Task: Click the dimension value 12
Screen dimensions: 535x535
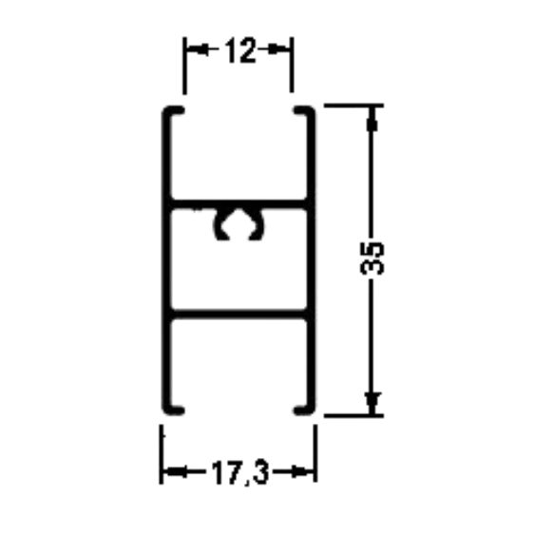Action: pyautogui.click(x=240, y=50)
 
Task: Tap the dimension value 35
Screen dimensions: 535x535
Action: pyautogui.click(x=372, y=258)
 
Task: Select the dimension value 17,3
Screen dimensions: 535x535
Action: pyautogui.click(x=240, y=472)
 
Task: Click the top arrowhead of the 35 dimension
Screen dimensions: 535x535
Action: pyautogui.click(x=372, y=119)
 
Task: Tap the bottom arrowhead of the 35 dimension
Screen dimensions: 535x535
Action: pyautogui.click(x=372, y=403)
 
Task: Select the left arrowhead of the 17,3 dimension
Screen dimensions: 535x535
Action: pyautogui.click(x=176, y=472)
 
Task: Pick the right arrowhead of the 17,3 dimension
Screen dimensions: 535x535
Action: pyautogui.click(x=302, y=472)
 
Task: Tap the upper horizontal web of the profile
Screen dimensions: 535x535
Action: pyautogui.click(x=239, y=204)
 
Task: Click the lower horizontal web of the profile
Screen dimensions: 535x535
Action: pyautogui.click(x=239, y=315)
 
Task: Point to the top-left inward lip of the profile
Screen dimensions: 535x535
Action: pyautogui.click(x=177, y=110)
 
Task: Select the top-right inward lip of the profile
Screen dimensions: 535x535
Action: pyautogui.click(x=301, y=110)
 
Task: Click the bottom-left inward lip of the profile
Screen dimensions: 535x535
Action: pyautogui.click(x=177, y=411)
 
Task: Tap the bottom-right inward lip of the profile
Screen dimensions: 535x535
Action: pyautogui.click(x=301, y=411)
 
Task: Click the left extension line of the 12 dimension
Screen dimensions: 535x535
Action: pyautogui.click(x=185, y=66)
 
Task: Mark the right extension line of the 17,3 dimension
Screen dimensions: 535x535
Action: pyautogui.click(x=315, y=453)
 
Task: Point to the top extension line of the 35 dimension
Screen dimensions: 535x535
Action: pyautogui.click(x=353, y=105)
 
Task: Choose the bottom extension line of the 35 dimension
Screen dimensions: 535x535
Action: pyautogui.click(x=353, y=415)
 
